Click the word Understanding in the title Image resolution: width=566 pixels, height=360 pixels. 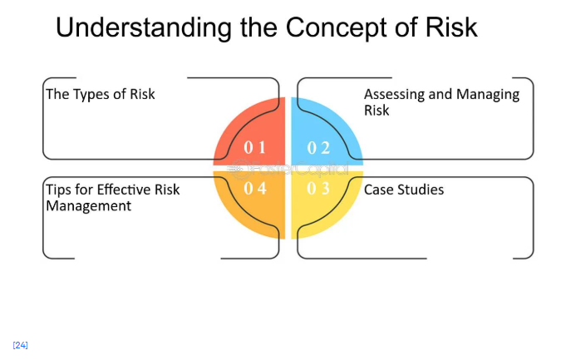tap(138, 27)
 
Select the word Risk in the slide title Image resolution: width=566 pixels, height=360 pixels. tap(450, 27)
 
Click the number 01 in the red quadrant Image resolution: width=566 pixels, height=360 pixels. tap(254, 148)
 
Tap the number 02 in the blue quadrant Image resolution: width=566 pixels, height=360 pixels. tap(318, 148)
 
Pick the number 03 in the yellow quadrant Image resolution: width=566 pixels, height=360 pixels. tap(318, 189)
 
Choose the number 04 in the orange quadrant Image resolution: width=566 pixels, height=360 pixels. tap(254, 189)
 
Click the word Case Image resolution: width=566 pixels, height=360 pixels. tap(380, 190)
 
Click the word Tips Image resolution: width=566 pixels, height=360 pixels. tap(59, 190)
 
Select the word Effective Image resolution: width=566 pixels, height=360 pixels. tap(126, 190)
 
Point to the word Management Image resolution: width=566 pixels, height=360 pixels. tap(88, 205)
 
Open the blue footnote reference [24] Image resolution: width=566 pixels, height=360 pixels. tap(21, 345)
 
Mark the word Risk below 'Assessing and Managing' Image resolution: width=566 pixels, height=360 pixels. tap(377, 110)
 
